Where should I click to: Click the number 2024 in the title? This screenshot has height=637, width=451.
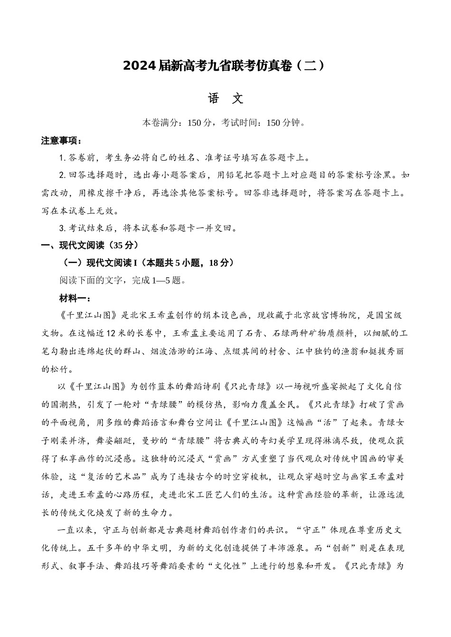tap(139, 66)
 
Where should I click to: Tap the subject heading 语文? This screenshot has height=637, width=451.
tap(225, 98)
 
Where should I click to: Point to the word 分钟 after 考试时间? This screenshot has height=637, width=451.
tap(292, 123)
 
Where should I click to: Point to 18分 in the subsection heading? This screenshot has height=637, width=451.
tap(219, 263)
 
